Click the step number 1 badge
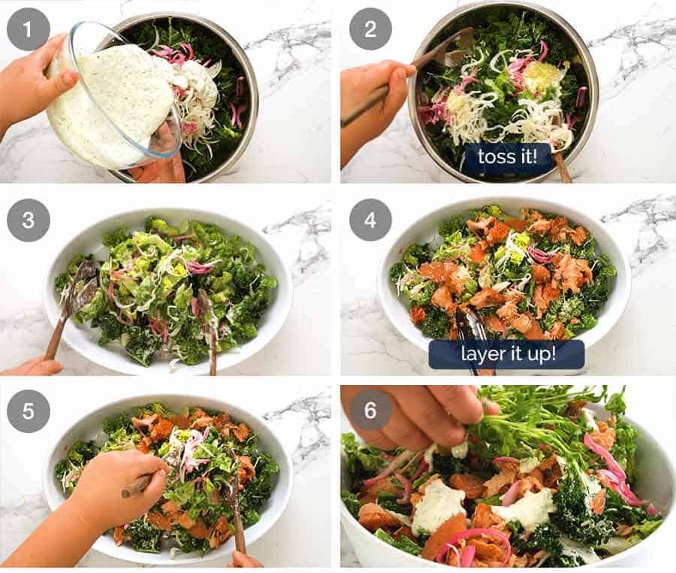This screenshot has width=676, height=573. point(28,29)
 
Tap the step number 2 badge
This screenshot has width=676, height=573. point(370,29)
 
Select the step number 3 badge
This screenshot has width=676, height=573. point(28,220)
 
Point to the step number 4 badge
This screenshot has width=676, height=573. point(370,220)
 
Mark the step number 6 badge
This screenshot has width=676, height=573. point(370,410)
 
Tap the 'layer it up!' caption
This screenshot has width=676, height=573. point(506,353)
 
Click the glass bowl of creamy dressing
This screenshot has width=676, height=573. point(113,102)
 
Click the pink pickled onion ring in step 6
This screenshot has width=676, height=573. point(469,541)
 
